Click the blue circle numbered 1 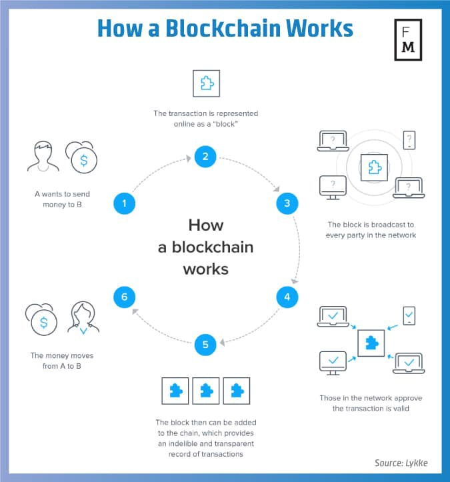[124, 203]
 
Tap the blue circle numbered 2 [205, 157]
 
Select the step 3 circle [287, 203]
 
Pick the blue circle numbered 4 [287, 297]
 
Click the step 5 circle [205, 345]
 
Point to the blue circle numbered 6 [124, 297]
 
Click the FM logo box [408, 40]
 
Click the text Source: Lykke [401, 463]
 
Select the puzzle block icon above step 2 [206, 83]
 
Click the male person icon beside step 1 [43, 156]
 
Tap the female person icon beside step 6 [83, 318]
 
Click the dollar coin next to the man [82, 157]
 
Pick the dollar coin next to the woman [41, 320]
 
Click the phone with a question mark [409, 140]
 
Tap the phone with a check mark [409, 316]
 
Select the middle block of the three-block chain [206, 391]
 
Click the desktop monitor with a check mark [333, 363]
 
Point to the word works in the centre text [206, 269]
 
